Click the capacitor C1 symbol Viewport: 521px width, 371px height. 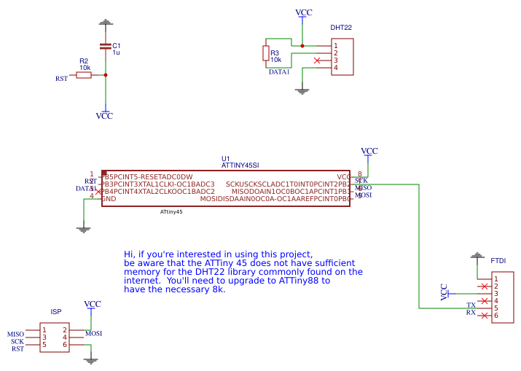pyautogui.click(x=106, y=47)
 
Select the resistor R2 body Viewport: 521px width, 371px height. pyautogui.click(x=84, y=74)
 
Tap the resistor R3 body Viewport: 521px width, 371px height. pyautogui.click(x=265, y=53)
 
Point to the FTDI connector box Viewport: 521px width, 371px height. pyautogui.click(x=502, y=297)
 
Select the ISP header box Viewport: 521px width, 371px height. pyautogui.click(x=55, y=338)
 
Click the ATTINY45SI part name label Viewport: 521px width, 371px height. pyautogui.click(x=240, y=165)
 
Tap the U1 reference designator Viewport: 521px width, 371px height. pyautogui.click(x=225, y=158)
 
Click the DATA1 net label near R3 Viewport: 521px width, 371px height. pyautogui.click(x=279, y=71)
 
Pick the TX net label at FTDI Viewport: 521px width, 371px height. pyautogui.click(x=471, y=305)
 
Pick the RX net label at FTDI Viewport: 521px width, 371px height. pyautogui.click(x=471, y=313)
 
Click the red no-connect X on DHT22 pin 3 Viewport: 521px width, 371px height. pyautogui.click(x=316, y=60)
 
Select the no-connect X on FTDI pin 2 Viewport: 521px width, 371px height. pyautogui.click(x=485, y=286)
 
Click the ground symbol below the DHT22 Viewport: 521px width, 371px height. pyautogui.click(x=302, y=91)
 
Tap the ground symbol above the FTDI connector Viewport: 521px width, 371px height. pyautogui.click(x=477, y=256)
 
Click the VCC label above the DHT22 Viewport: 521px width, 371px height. pyautogui.click(x=303, y=13)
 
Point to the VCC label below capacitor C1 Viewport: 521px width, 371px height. pyautogui.click(x=104, y=115)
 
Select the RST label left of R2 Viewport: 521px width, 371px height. pyautogui.click(x=62, y=78)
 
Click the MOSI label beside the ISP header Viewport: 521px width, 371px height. pyautogui.click(x=93, y=334)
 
